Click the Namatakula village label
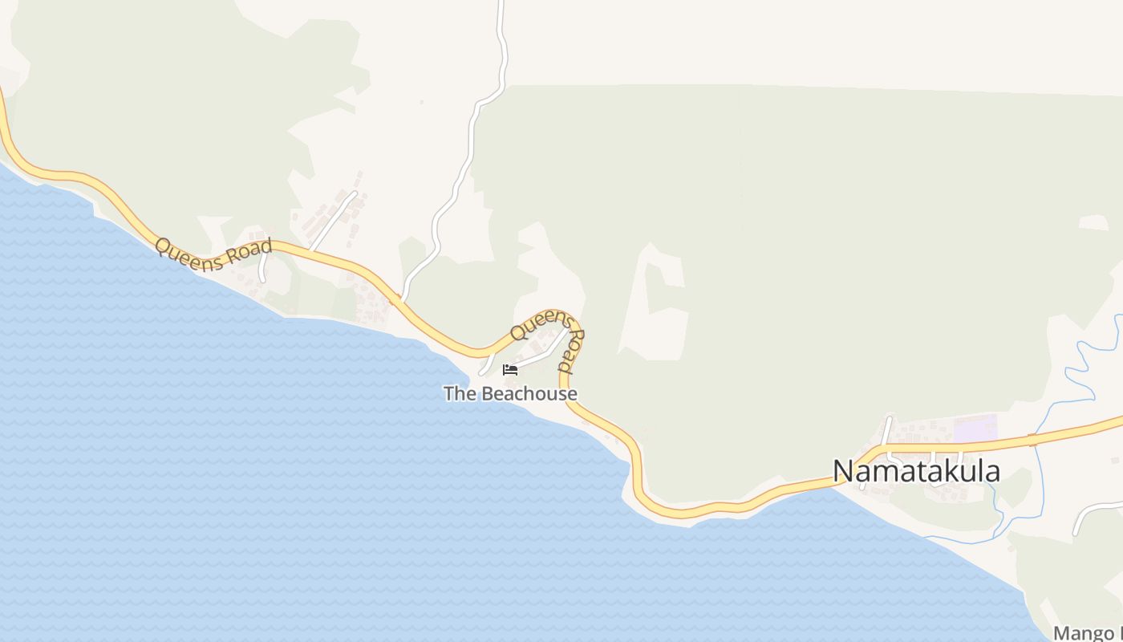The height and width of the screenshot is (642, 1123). pos(916,471)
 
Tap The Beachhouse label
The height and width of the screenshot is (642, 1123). pos(510,394)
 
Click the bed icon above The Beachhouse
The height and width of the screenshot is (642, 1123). pos(510,370)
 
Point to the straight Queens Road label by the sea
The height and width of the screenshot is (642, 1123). pos(213,254)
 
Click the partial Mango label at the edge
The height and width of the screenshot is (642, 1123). pos(1088,632)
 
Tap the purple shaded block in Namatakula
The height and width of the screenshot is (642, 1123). pos(975,427)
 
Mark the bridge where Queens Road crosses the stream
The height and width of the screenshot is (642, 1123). pos(1032,440)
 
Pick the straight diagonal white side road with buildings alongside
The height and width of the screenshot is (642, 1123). pos(333,221)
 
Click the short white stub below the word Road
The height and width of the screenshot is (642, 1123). pos(262,270)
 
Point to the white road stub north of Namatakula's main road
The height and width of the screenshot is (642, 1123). pos(886,429)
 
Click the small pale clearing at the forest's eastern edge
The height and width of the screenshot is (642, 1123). pos(1093,222)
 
